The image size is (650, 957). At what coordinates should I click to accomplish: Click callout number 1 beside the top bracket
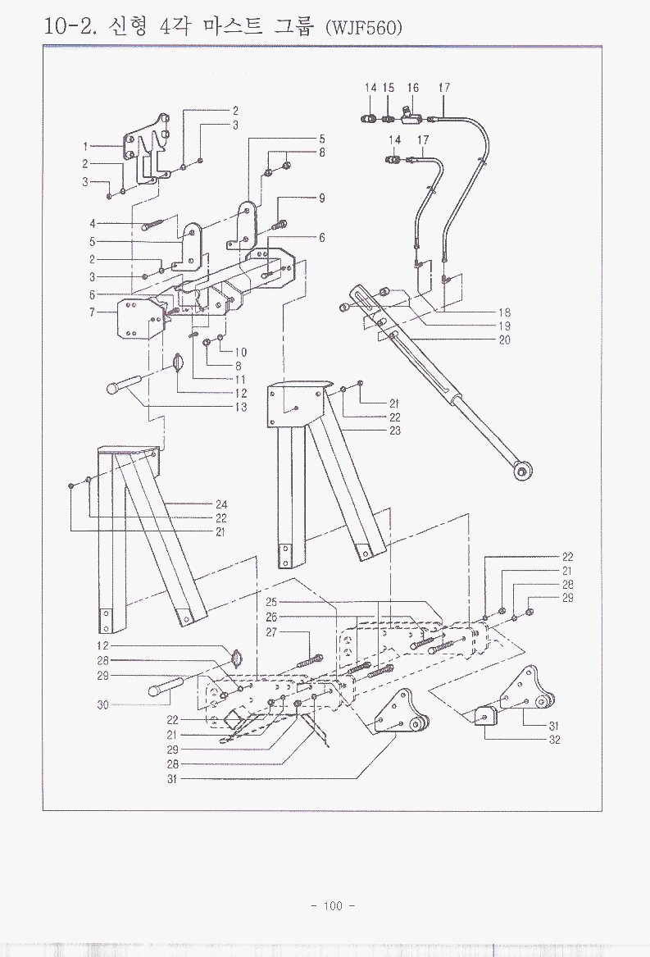[85, 146]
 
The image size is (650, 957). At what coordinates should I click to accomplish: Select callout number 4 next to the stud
[93, 223]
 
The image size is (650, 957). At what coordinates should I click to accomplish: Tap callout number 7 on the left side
[93, 312]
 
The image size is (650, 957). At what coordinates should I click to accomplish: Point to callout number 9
[322, 198]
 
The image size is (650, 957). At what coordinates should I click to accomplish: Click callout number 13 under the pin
[241, 408]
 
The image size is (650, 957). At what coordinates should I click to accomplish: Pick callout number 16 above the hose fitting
[413, 87]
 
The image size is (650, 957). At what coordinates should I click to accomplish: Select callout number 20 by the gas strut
[504, 340]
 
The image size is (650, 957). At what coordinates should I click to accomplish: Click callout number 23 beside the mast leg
[395, 431]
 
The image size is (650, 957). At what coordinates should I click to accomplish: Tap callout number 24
[221, 504]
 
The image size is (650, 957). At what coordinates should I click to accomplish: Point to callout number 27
[272, 632]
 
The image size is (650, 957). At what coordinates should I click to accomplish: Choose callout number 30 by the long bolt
[102, 704]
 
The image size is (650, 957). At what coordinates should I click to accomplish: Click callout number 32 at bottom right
[554, 740]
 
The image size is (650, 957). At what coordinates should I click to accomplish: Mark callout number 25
[272, 601]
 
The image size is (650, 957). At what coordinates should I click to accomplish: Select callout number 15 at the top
[389, 87]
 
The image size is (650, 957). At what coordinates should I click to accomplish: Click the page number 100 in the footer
[332, 905]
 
